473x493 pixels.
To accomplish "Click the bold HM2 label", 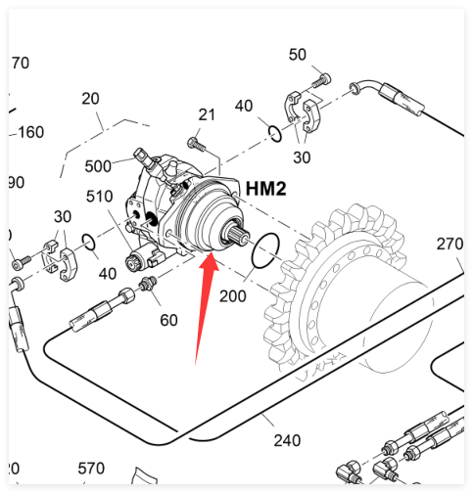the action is tap(265, 189).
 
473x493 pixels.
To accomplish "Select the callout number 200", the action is tap(232, 296).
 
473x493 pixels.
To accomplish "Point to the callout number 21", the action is tap(207, 114).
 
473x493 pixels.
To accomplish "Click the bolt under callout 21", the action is tap(197, 145).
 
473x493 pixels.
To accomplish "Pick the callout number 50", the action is tap(298, 55).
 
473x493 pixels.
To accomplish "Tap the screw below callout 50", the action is tap(322, 80).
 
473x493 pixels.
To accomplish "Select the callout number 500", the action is tap(98, 166).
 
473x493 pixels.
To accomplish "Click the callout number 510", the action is tap(99, 197).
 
